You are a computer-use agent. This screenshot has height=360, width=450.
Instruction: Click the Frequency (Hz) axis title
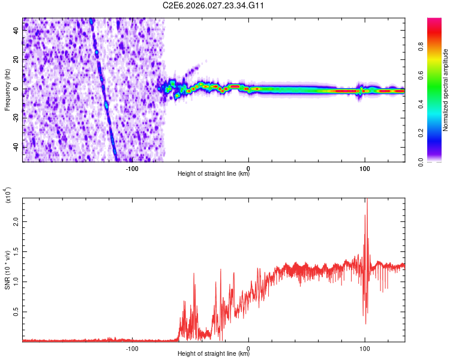(x=7, y=89)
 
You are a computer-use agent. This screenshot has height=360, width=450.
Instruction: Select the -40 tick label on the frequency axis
(x=16, y=147)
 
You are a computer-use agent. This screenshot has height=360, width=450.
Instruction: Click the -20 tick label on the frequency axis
(x=16, y=118)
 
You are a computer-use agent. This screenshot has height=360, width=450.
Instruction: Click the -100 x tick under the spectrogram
(x=132, y=167)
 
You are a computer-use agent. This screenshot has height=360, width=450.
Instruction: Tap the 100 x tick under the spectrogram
(x=364, y=167)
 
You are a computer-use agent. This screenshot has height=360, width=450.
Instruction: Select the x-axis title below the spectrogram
(x=214, y=175)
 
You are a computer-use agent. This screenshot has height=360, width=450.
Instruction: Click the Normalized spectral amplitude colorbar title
(x=446, y=90)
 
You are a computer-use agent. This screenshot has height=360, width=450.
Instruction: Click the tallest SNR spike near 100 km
(x=367, y=202)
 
